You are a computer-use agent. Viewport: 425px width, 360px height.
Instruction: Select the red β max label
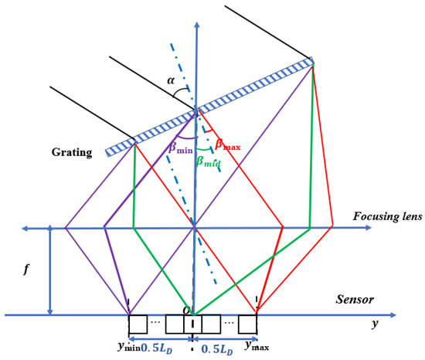[229, 144]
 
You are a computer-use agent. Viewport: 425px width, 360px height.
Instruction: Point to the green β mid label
[208, 160]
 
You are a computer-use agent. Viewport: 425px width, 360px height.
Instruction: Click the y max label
[260, 345]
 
